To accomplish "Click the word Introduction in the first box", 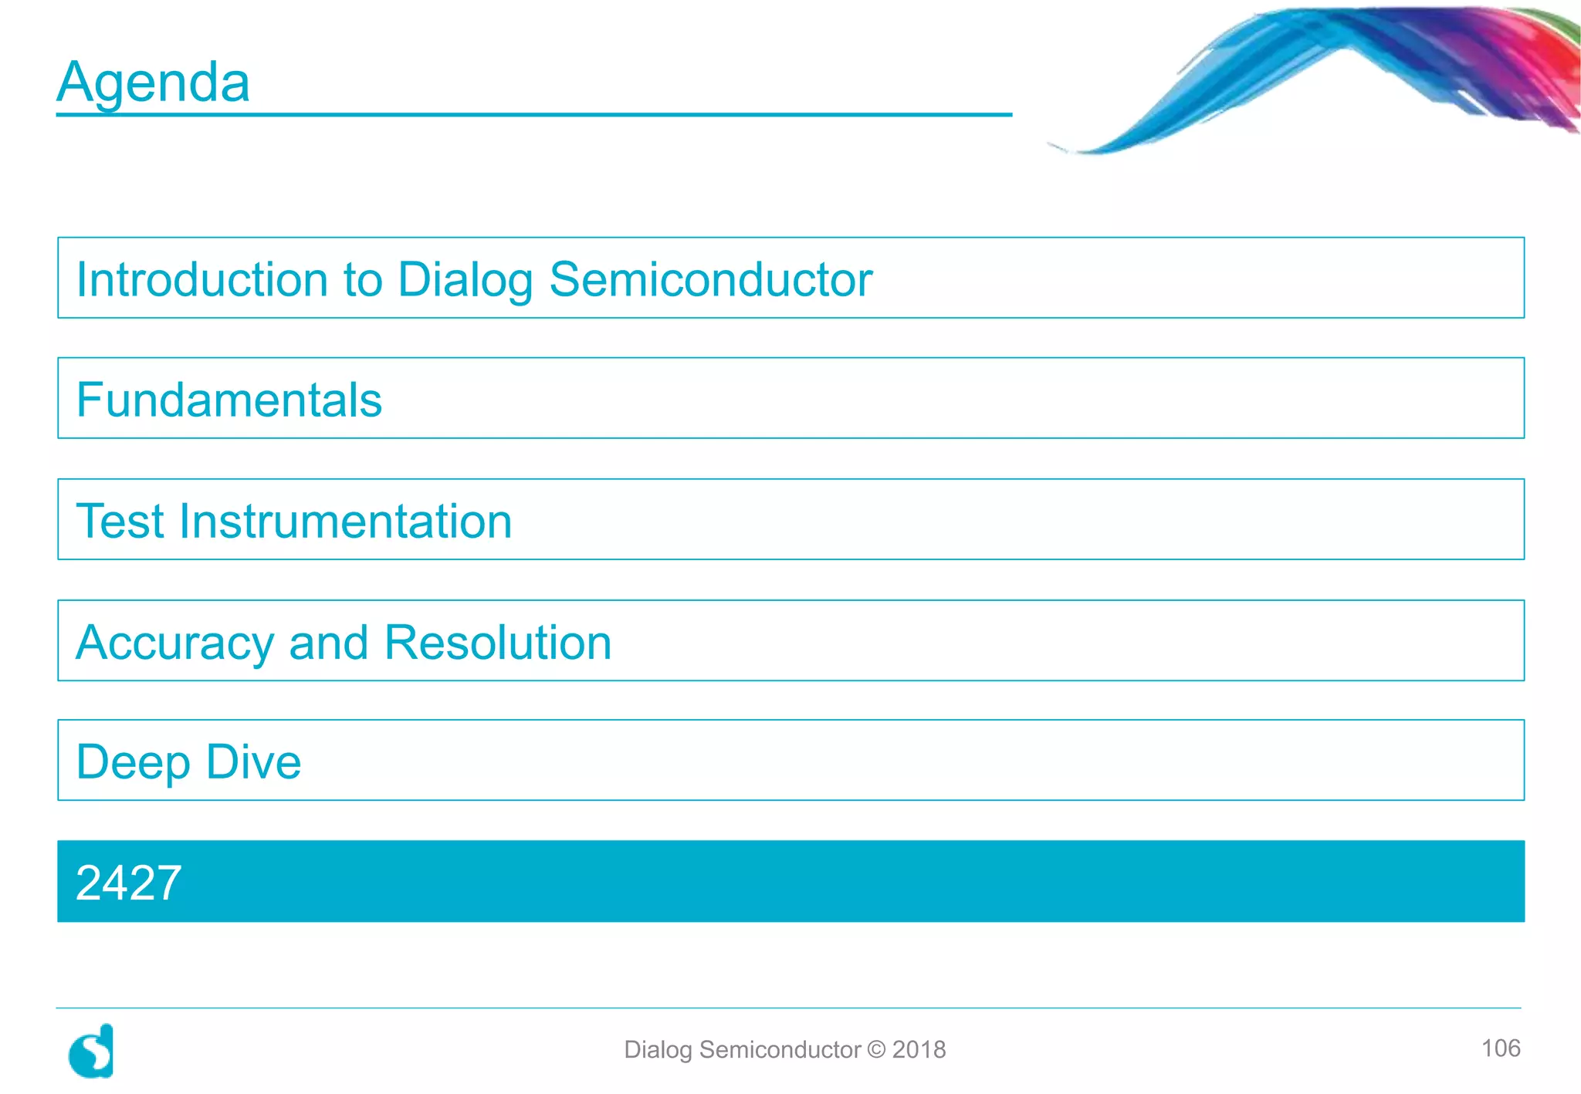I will coord(201,279).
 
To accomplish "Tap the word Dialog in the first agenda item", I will coord(464,281).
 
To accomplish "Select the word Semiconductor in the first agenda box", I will coord(710,279).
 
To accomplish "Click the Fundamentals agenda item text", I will coord(229,400).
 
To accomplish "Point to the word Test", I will coord(121,522).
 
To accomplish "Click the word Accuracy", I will coord(175,643).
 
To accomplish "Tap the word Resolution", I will coord(498,643).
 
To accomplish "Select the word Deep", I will coord(133,763).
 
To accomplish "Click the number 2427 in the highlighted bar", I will coord(129,883).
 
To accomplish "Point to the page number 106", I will coord(1500,1048).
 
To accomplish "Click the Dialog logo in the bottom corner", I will coord(92,1051).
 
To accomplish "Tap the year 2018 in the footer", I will coord(919,1049).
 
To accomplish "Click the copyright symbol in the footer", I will coord(876,1049).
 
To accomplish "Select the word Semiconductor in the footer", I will coord(780,1049).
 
